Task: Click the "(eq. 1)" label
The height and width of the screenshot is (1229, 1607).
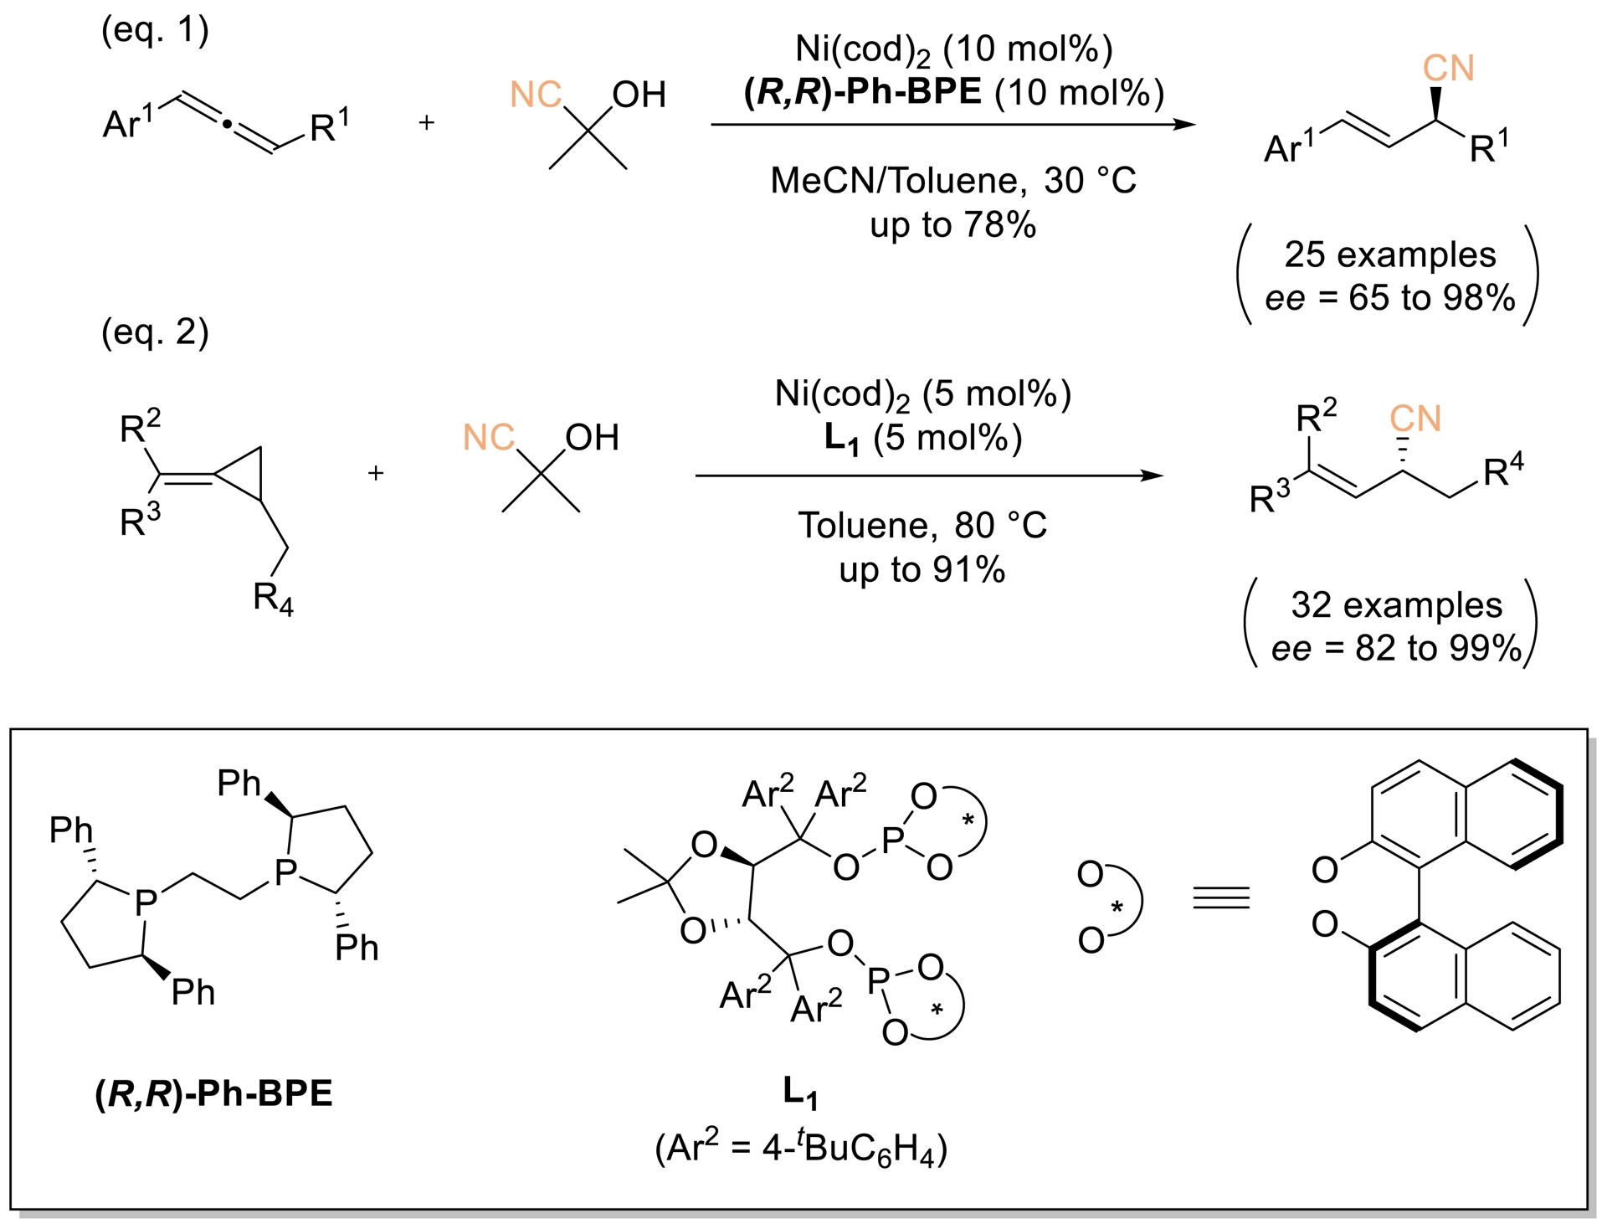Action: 155,30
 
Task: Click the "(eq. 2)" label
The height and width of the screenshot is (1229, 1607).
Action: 155,332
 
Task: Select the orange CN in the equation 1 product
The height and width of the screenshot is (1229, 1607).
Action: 1448,69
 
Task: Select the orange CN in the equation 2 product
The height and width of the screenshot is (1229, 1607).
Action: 1415,419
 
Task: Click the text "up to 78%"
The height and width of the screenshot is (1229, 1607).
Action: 952,225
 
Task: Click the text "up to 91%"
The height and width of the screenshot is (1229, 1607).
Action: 922,570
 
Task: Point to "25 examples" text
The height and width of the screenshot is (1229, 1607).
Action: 1389,255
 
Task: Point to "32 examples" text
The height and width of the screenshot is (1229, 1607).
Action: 1396,605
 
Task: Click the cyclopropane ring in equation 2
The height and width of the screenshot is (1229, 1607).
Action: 245,473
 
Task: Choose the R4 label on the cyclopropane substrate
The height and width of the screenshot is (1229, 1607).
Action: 273,599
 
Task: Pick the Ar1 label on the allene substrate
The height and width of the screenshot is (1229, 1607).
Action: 128,123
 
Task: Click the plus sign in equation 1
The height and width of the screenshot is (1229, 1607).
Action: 427,123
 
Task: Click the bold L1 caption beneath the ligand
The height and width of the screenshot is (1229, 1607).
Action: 800,1093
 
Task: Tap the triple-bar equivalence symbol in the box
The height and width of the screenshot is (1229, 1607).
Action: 1221,898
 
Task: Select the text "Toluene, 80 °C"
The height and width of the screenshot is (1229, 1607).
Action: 922,526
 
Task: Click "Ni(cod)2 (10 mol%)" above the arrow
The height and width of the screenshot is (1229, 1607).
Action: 953,49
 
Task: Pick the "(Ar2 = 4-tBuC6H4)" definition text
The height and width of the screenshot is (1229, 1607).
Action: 801,1148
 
